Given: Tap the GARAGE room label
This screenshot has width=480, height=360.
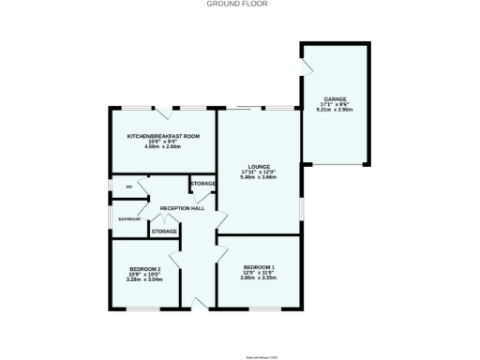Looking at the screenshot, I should point(336,98).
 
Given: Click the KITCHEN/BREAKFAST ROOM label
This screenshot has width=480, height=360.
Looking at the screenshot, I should point(164,136).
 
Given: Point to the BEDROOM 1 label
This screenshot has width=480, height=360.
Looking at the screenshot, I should point(258,267).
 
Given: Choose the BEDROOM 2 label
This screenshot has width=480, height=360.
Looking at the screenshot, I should point(146,269).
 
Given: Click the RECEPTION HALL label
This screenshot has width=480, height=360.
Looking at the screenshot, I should point(183,207).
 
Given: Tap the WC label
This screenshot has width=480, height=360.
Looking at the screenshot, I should point(129,187).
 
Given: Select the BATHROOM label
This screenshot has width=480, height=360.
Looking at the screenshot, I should point(128,219).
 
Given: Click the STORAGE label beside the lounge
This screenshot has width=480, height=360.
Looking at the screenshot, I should point(203,184).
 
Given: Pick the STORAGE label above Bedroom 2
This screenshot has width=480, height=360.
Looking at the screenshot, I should point(165,231).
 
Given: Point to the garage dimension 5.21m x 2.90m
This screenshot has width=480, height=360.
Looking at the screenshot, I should point(336,110).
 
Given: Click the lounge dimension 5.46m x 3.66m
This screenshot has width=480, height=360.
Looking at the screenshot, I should point(258,177).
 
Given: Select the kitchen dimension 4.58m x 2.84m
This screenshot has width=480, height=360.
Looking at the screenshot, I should point(164,146).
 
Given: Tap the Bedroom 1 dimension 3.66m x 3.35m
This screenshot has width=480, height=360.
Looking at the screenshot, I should point(258,278).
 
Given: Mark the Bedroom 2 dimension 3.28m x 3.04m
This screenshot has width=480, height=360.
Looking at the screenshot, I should point(146,279).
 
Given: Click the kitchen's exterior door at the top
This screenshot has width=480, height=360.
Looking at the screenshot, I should point(163,113).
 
